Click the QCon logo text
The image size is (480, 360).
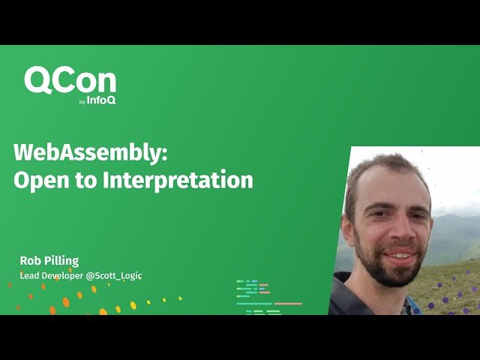coord(70,81)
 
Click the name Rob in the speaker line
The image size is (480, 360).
coord(32,261)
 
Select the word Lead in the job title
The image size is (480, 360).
coord(30,276)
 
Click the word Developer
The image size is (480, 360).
coord(64,276)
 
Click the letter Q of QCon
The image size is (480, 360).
coord(38,81)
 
